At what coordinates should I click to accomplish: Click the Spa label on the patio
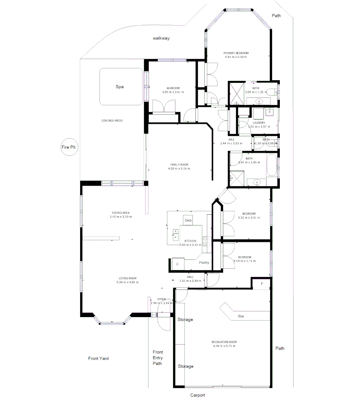120,87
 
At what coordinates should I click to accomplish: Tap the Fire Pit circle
68,147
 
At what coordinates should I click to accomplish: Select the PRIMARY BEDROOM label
236,53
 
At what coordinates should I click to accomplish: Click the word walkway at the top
161,38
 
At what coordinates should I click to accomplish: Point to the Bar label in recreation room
241,316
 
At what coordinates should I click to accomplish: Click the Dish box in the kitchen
188,220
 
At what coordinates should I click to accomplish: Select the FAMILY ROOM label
180,164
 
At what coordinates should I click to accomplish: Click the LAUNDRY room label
259,123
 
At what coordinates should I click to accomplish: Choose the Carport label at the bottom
197,395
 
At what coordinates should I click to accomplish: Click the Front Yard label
98,358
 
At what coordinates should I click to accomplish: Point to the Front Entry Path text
158,358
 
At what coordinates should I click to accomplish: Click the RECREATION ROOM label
224,342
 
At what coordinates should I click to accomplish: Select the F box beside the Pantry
177,264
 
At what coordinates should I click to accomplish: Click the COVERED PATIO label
112,121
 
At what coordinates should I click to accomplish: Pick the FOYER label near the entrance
161,299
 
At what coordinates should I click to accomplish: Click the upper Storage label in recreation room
185,319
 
